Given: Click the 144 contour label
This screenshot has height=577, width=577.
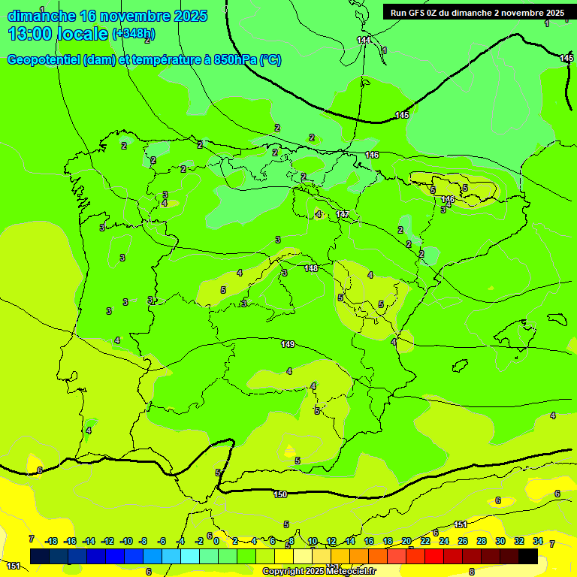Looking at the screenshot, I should (x=364, y=40).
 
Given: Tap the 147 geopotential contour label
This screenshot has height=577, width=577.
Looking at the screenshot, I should (x=343, y=215).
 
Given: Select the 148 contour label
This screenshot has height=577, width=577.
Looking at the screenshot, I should (x=311, y=268).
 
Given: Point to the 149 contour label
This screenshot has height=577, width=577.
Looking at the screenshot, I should (x=288, y=344).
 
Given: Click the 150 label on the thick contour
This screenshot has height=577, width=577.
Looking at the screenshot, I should (x=280, y=494).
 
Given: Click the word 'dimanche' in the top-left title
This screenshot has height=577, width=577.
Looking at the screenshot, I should (x=41, y=16).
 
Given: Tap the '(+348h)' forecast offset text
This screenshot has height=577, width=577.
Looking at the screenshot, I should (x=133, y=34).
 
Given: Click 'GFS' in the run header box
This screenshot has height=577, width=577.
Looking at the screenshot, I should (x=422, y=13).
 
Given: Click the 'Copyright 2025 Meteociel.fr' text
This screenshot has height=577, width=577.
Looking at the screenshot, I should (x=319, y=572).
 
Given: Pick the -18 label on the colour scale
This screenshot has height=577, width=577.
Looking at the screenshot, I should (x=51, y=541).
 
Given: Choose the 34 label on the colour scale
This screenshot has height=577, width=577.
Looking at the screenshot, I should (x=538, y=541).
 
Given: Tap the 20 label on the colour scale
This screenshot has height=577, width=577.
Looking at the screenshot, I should (x=406, y=541).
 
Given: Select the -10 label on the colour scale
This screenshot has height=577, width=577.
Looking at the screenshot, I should (x=125, y=541).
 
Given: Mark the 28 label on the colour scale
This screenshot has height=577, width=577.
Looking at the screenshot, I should (x=482, y=541).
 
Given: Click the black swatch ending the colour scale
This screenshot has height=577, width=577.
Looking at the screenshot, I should (x=528, y=556).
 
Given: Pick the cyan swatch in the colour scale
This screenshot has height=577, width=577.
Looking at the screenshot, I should (x=190, y=556).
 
